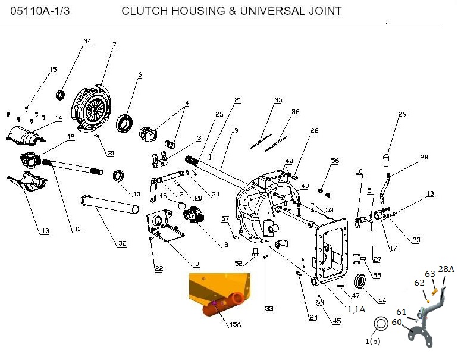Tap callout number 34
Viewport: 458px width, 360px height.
pos(87,42)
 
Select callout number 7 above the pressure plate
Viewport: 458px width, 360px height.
pos(114,45)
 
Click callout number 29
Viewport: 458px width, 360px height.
pos(403,114)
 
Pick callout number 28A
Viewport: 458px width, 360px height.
pos(447,269)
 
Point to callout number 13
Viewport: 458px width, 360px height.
pos(45,231)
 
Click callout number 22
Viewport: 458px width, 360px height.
pos(158,269)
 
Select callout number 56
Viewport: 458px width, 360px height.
pos(335,161)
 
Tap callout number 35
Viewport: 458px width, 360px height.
pos(278,100)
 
